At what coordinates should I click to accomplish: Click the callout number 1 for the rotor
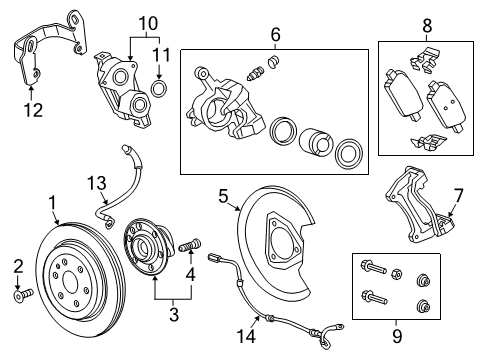coord(52,203)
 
